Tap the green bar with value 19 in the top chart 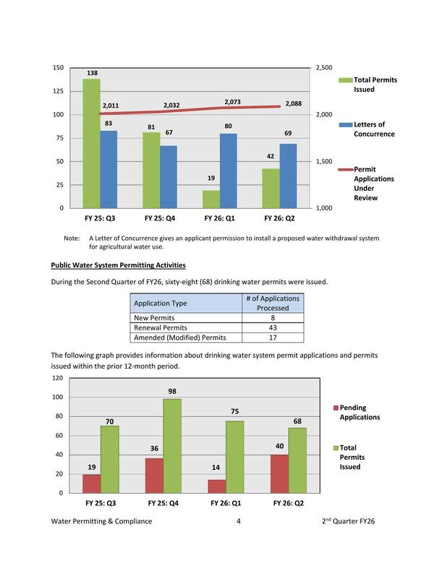coord(210,200)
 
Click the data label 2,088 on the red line coord(293,103)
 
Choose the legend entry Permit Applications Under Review coord(374,183)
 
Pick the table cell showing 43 coord(273,327)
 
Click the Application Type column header coord(158,304)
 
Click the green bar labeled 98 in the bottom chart coord(172,445)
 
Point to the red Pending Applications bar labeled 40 coord(278,474)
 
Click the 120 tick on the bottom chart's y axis coord(56,378)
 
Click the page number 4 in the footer coord(238,521)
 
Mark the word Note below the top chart coord(72,238)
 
